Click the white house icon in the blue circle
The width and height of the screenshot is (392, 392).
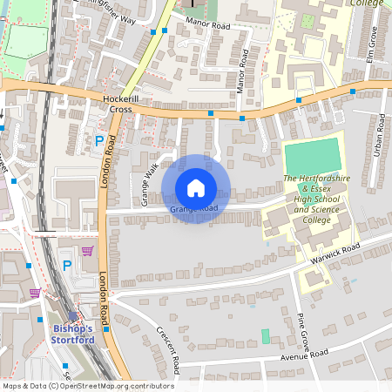coord(195,187)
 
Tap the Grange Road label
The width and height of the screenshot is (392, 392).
coord(193,209)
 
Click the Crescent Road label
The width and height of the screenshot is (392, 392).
coord(166,346)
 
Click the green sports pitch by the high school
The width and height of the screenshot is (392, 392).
coord(313,155)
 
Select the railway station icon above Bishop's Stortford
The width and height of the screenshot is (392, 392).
coord(71,316)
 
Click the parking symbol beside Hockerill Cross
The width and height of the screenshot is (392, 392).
coord(98,140)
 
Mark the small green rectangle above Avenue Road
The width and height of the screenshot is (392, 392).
coord(266,335)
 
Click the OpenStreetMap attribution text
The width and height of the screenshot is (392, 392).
coord(88,385)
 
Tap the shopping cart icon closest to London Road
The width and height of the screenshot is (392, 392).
coord(87,251)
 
